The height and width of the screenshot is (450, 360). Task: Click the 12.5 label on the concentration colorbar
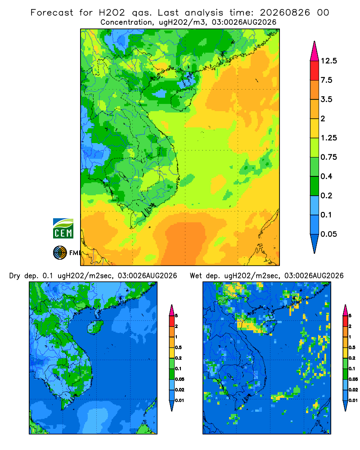(328, 61)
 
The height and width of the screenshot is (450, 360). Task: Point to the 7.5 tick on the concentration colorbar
(326, 80)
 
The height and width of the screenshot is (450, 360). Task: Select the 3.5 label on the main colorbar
(326, 99)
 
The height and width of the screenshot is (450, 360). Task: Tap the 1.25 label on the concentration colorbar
(328, 138)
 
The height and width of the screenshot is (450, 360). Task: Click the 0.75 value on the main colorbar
(328, 157)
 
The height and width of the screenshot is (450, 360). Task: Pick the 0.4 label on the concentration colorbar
(326, 176)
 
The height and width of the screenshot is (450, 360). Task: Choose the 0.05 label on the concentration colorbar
(328, 234)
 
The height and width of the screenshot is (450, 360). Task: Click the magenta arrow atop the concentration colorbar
(315, 52)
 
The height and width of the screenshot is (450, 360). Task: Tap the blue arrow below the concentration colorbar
(315, 243)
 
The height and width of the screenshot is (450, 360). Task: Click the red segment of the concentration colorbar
(315, 71)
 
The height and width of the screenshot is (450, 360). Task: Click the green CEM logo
(63, 229)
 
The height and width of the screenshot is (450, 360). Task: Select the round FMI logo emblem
(60, 252)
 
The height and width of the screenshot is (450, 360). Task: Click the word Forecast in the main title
(52, 13)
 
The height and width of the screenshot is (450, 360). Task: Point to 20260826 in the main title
(285, 13)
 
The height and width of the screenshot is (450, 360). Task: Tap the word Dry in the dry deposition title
(15, 276)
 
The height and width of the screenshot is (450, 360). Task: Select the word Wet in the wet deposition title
(196, 276)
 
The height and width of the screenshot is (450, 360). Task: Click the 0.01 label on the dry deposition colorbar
(180, 400)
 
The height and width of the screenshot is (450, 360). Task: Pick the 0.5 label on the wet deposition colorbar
(351, 347)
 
